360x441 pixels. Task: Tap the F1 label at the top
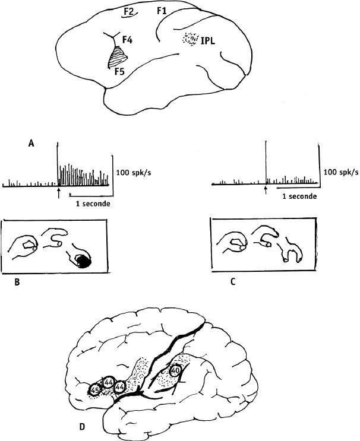pos(162,11)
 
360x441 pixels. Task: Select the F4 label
pos(127,40)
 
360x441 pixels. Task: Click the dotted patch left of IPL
pos(191,39)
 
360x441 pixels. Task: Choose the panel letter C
pos(233,282)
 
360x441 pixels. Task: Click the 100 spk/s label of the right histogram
pos(341,172)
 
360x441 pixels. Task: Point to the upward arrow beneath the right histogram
pos(265,191)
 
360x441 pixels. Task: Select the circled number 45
pos(94,390)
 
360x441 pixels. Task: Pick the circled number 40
pos(175,371)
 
